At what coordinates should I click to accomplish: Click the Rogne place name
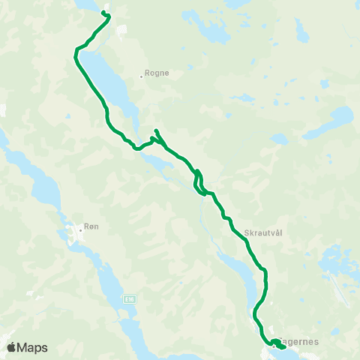pos(159,73)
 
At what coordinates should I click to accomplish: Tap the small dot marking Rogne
pos(142,74)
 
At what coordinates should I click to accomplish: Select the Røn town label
pos(91,227)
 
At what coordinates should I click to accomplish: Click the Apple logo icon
pos(13,347)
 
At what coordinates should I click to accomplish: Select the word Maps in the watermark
pos(34,347)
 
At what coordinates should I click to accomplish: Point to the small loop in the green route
pos(199,182)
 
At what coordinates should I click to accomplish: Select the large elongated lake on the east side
pos(337,118)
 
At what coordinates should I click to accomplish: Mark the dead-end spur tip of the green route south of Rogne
pos(154,130)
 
